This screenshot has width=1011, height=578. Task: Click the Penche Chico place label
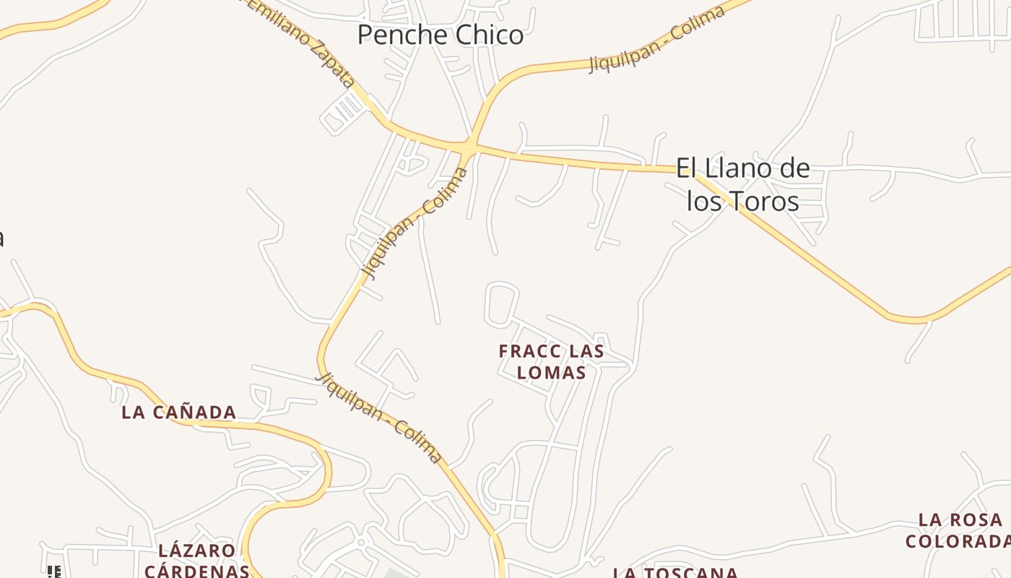(440, 35)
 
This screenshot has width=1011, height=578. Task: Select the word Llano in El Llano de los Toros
(731, 169)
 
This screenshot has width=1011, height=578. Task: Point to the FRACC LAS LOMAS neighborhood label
(552, 361)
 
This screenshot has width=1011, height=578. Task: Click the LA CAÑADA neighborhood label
(178, 413)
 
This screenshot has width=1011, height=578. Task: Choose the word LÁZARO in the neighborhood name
(196, 551)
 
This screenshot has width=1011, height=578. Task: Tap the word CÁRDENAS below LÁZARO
(196, 570)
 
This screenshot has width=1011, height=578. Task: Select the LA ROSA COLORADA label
(960, 530)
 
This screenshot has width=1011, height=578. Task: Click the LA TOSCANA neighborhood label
(675, 573)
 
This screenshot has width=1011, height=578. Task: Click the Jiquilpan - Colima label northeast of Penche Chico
(656, 39)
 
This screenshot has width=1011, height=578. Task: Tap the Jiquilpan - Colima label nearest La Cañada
(379, 418)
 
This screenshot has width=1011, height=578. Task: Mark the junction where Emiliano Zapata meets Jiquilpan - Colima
(468, 146)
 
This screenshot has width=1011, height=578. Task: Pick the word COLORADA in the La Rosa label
(958, 541)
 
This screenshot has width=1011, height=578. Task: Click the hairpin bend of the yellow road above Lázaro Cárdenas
(325, 477)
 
